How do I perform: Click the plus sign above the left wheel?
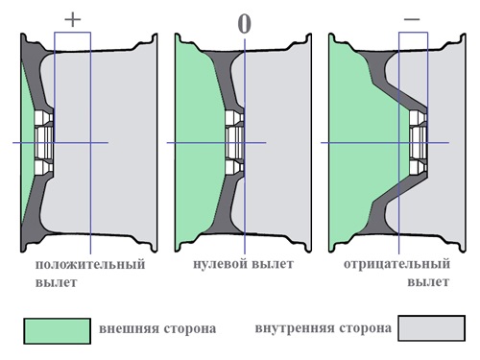pyautogui.click(x=73, y=17)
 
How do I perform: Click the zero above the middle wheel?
pyautogui.click(x=244, y=23)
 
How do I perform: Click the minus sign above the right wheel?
pyautogui.click(x=411, y=17)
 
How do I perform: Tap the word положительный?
pyautogui.click(x=89, y=264)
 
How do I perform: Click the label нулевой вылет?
pyautogui.click(x=243, y=264)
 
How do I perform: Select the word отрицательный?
pyautogui.click(x=396, y=264)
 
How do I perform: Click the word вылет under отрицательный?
pyautogui.click(x=426, y=283)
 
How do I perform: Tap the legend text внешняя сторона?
pyautogui.click(x=157, y=329)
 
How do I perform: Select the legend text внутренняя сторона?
pyautogui.click(x=324, y=328)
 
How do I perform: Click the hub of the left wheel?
pyautogui.click(x=44, y=143)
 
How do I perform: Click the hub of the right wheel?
pyautogui.click(x=418, y=143)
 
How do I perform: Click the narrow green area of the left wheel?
pyautogui.click(x=25, y=144)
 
